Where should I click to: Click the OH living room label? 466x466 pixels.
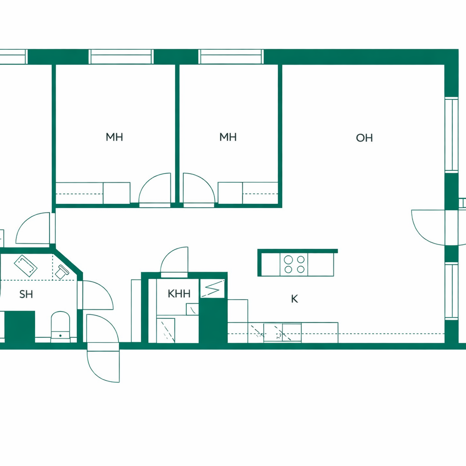364,138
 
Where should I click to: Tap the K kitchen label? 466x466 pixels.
294,299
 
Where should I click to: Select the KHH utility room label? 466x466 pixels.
179,294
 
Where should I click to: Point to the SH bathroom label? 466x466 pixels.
26,294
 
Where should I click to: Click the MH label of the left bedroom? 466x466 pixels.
115,137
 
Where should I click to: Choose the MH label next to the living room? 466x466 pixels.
228,137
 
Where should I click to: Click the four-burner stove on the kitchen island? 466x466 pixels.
294,264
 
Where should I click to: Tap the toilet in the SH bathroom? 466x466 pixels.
60,327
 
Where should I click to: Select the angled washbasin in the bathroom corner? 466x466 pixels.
62,272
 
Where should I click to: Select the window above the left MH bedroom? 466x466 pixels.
121,57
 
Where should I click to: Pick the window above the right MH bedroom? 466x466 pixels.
231,57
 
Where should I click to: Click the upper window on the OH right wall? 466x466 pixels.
452,135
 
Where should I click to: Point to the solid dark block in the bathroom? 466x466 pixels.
20,327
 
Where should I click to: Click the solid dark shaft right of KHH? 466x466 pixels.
213,320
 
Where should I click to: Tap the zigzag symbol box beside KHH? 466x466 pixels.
212,289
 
